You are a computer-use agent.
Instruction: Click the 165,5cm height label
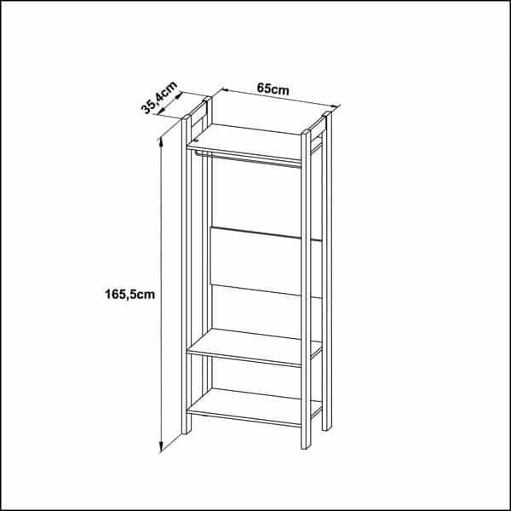pyautogui.click(x=129, y=295)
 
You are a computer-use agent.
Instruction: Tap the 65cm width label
pyautogui.click(x=273, y=89)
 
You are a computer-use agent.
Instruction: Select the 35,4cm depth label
pyautogui.click(x=159, y=97)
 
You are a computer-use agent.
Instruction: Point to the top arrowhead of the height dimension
pyautogui.click(x=160, y=141)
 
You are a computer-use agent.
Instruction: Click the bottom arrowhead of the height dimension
pyautogui.click(x=161, y=447)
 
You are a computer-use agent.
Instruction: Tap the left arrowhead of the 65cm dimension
pyautogui.click(x=225, y=90)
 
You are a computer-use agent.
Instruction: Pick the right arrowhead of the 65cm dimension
pyautogui.click(x=335, y=106)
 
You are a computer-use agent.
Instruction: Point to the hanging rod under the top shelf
pyautogui.click(x=248, y=159)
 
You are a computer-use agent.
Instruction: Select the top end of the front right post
pyautogui.click(x=306, y=132)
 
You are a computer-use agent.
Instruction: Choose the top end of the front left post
pyautogui.click(x=187, y=118)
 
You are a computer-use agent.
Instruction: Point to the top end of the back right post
pyautogui.click(x=327, y=114)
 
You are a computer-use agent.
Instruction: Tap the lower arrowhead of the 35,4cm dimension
pyautogui.click(x=160, y=112)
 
